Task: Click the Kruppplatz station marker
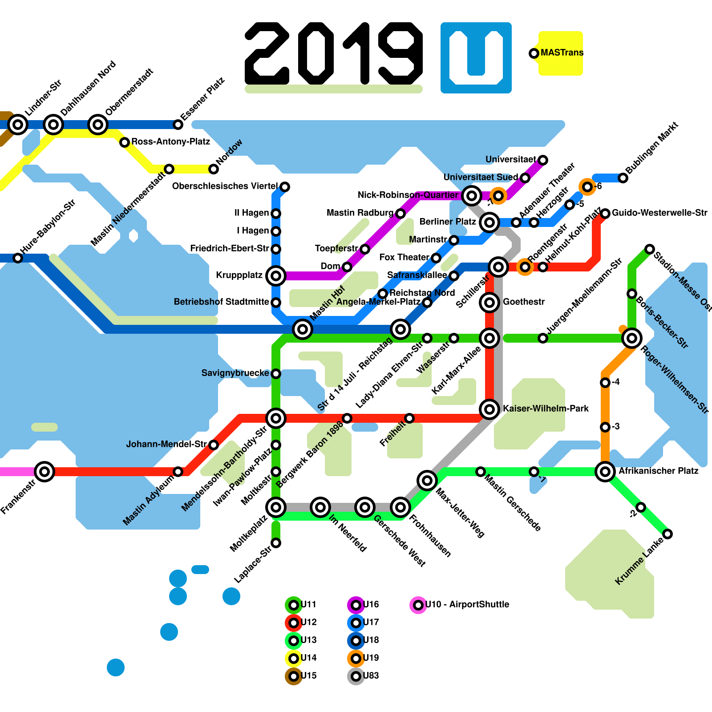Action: [275, 276]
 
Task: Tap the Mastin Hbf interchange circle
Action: [303, 329]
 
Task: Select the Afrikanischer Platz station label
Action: [658, 471]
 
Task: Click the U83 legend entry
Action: [356, 676]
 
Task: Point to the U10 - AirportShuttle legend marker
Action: [418, 605]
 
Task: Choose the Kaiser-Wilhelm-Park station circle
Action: [489, 409]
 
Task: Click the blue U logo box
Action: [476, 57]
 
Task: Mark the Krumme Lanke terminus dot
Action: [667, 534]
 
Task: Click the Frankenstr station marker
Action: [44, 472]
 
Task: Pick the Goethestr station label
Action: [523, 302]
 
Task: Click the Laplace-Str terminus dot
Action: [276, 543]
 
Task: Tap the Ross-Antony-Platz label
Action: [170, 142]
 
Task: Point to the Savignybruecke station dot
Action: [276, 373]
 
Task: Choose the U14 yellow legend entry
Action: [294, 658]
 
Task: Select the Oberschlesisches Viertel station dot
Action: [285, 187]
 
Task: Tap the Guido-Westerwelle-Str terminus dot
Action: [605, 214]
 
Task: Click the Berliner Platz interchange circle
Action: [489, 222]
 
